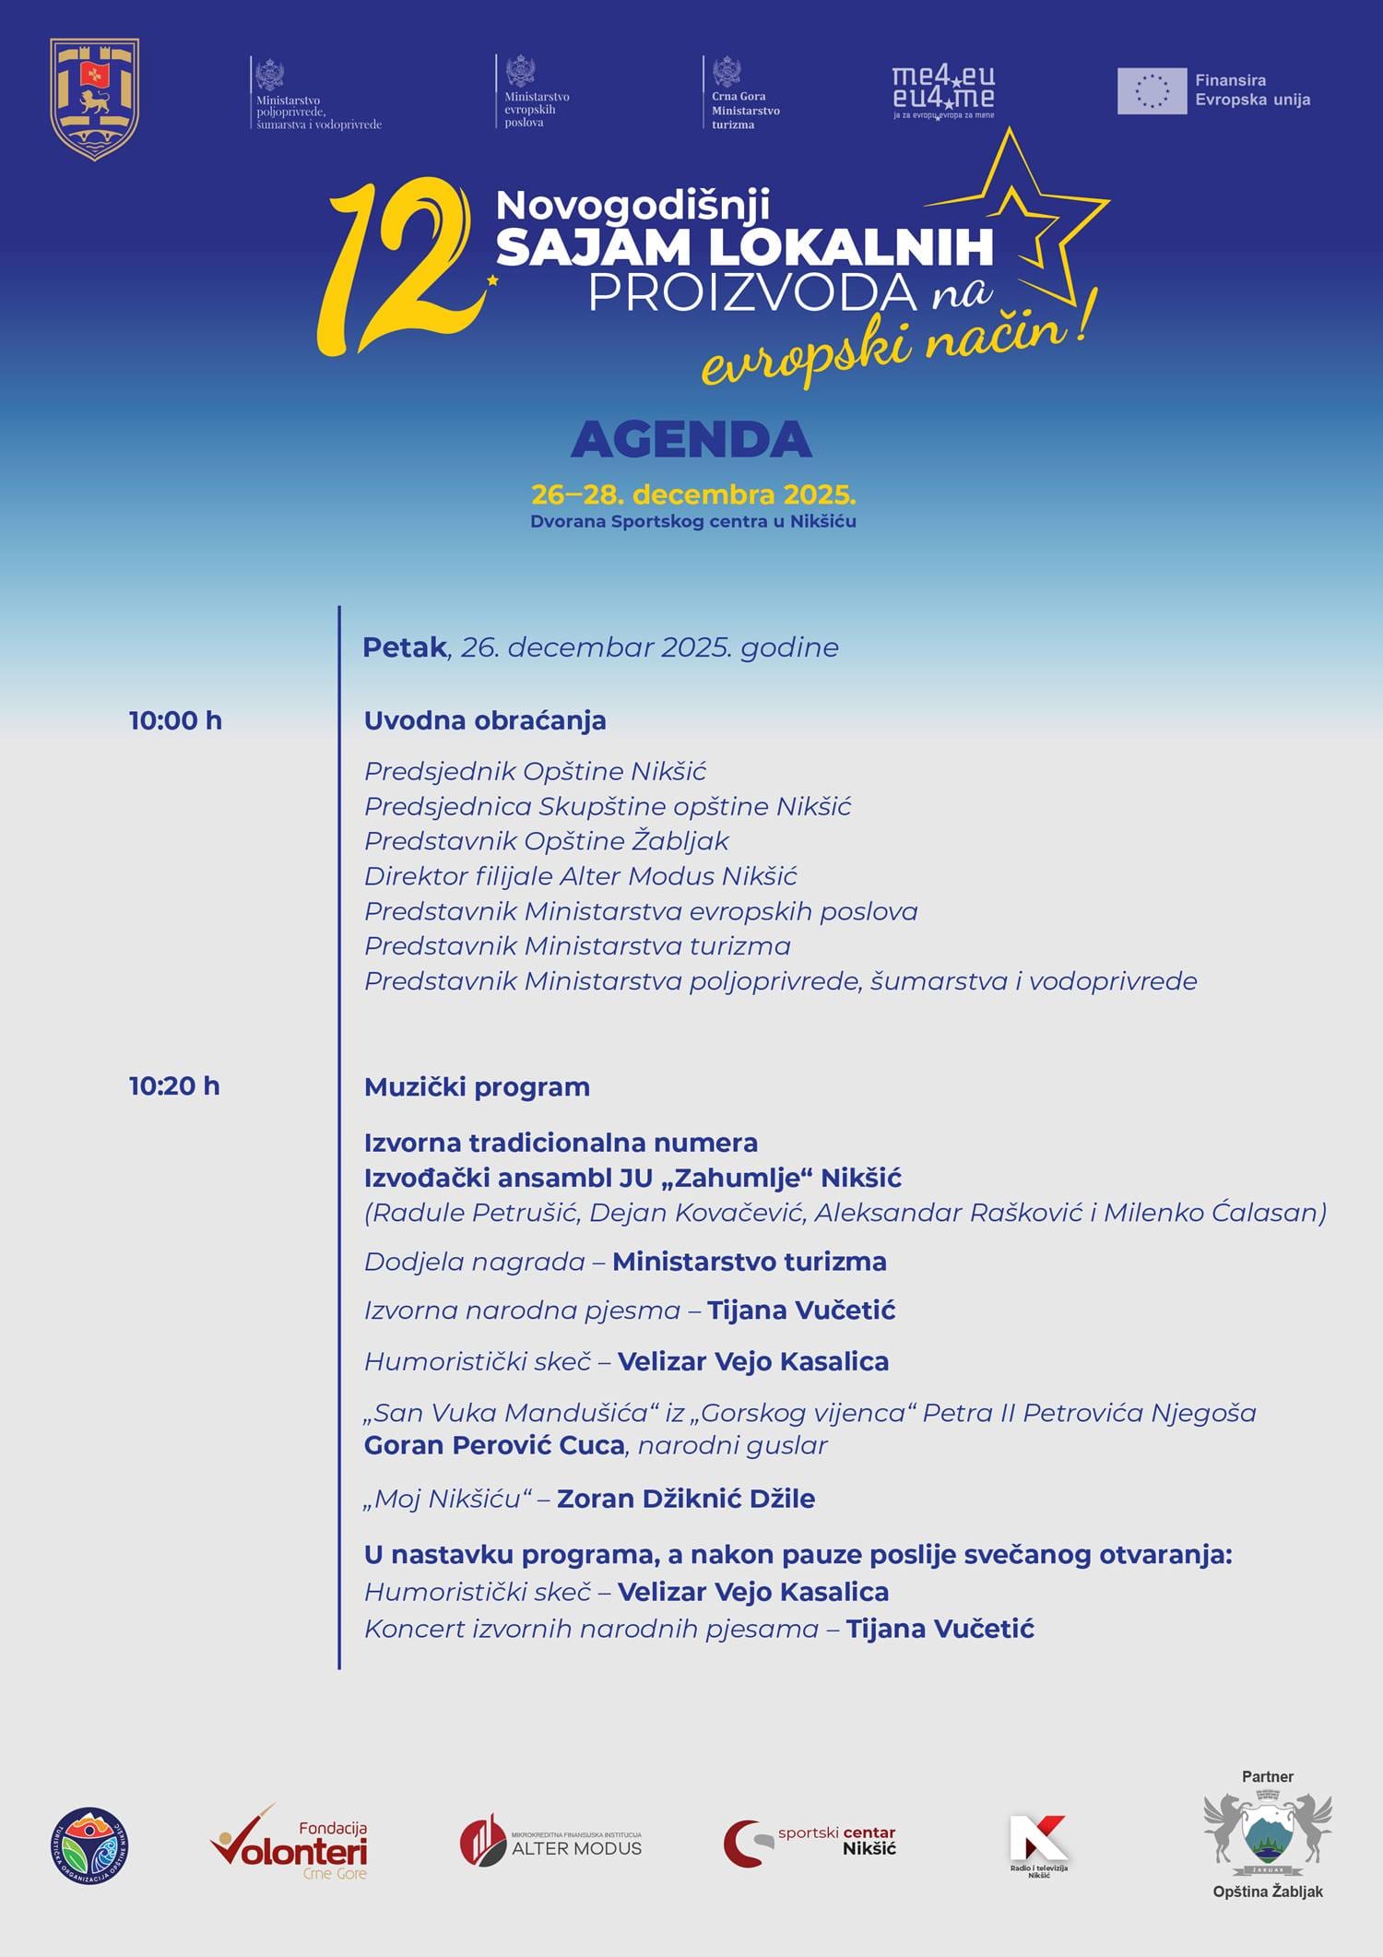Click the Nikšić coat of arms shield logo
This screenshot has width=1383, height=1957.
(x=94, y=100)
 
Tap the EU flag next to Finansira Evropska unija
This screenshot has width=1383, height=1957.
(x=1152, y=90)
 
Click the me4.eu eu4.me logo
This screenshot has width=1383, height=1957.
(x=943, y=90)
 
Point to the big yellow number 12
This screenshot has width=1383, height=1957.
(x=396, y=267)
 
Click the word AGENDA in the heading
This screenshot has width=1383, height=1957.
(x=691, y=440)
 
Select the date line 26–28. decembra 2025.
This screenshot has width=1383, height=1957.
(x=693, y=495)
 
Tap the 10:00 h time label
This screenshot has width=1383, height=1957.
(x=175, y=720)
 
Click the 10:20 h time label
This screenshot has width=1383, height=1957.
(x=174, y=1085)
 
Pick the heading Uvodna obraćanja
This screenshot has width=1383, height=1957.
(x=485, y=720)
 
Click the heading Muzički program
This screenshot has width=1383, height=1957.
(x=477, y=1086)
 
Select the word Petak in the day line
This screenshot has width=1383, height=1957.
(x=404, y=647)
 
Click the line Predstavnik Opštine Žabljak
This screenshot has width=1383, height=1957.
(x=546, y=841)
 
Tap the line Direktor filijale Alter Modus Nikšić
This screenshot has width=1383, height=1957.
(x=580, y=876)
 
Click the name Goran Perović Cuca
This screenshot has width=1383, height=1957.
(x=494, y=1445)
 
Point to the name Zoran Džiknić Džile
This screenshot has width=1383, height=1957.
(x=686, y=1499)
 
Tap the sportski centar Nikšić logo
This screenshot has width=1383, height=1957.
(x=810, y=1842)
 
